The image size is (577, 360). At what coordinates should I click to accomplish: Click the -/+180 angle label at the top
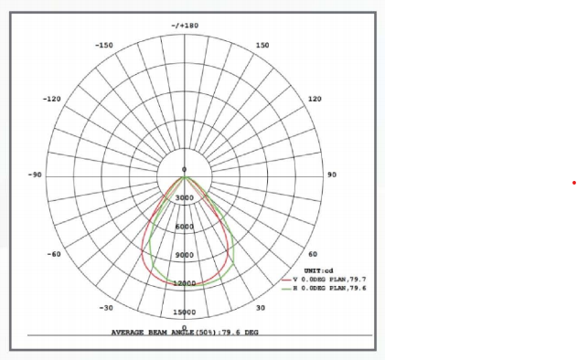click(x=185, y=26)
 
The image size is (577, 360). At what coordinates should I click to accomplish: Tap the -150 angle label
click(x=104, y=46)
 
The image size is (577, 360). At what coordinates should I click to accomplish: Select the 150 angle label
click(x=262, y=46)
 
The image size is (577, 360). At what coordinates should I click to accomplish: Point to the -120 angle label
click(x=52, y=99)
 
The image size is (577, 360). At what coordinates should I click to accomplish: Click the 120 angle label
click(x=315, y=99)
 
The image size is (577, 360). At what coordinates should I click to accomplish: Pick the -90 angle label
click(x=35, y=175)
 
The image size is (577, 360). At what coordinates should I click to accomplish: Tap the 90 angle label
click(x=332, y=175)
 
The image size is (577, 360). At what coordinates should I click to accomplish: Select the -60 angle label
click(x=54, y=254)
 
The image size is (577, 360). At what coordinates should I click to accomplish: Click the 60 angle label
click(x=313, y=254)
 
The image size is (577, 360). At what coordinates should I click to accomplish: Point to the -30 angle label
click(x=106, y=308)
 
